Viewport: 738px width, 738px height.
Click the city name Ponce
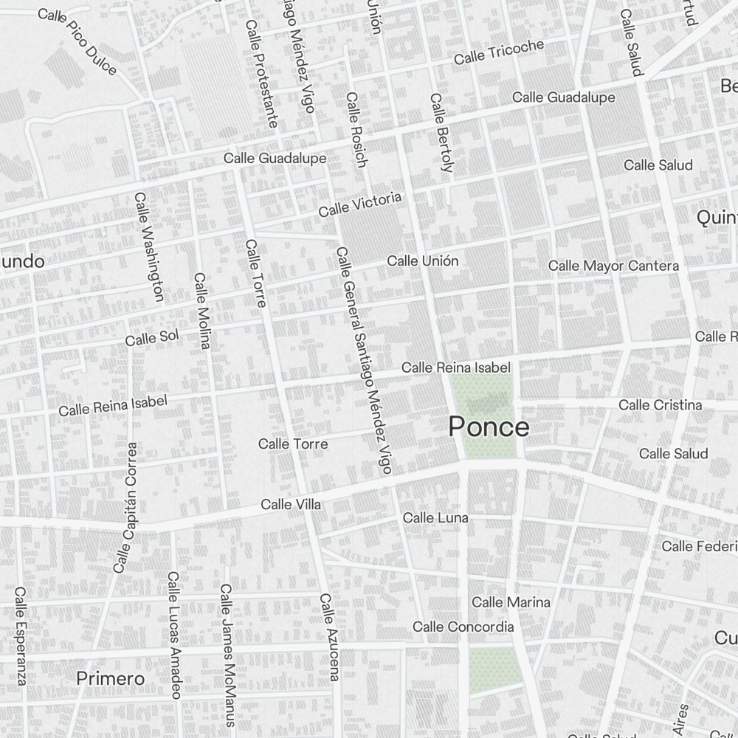coord(489,427)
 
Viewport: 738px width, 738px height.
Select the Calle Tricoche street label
coord(499,51)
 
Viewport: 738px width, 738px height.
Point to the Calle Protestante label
coord(261,73)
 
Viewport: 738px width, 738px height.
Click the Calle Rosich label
coord(356,129)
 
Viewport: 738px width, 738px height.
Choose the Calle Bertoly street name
coord(441,133)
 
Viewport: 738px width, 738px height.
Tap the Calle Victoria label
coord(360,204)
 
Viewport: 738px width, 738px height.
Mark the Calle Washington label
coord(148,247)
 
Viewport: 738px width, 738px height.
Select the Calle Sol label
coord(152,338)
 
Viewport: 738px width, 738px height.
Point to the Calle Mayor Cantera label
coord(613,266)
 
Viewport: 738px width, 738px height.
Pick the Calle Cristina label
coord(660,404)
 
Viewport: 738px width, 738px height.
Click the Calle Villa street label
coord(291,505)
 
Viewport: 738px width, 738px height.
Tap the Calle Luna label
coord(435,518)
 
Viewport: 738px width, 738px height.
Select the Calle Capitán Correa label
coord(125,508)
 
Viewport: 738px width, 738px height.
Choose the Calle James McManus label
coord(227,644)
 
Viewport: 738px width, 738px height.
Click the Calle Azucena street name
coord(329,636)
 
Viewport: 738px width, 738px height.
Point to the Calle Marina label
coord(511,602)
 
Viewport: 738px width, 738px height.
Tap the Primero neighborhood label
coord(111,677)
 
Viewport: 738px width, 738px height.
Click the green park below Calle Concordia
coord(490,670)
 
